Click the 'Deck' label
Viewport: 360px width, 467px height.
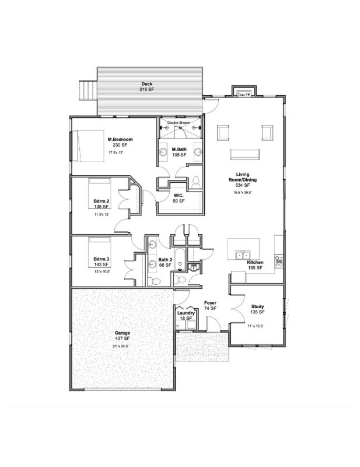(x=147, y=84)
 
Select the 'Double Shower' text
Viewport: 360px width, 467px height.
(x=179, y=123)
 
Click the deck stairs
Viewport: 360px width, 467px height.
(x=87, y=90)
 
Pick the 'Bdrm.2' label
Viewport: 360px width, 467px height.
(x=102, y=201)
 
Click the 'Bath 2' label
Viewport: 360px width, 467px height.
(x=166, y=259)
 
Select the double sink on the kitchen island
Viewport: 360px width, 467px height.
(x=242, y=255)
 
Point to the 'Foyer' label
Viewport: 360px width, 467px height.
(x=210, y=303)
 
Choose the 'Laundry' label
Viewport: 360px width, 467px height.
(x=185, y=313)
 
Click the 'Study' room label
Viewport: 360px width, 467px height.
(x=257, y=306)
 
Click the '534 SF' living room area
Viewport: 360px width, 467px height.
(x=243, y=185)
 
